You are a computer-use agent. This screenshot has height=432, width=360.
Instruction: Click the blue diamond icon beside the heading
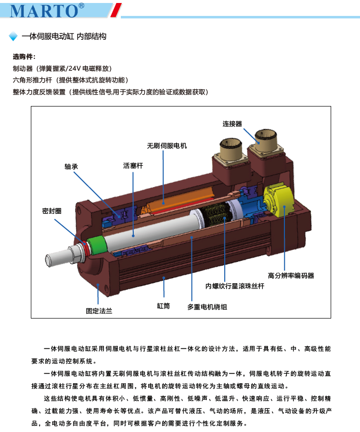[x=13, y=37]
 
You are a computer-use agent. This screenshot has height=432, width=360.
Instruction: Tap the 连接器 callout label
[x=232, y=123]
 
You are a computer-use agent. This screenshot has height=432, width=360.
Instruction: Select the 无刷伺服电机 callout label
[x=167, y=146]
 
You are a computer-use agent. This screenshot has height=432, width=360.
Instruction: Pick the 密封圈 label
[x=52, y=211]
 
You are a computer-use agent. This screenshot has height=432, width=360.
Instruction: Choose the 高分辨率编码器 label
[x=291, y=275]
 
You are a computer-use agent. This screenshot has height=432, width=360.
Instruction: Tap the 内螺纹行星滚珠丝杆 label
[x=235, y=286]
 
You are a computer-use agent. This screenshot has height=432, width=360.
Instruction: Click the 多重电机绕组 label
[x=207, y=307]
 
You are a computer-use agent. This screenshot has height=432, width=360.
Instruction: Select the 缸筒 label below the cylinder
[x=163, y=306]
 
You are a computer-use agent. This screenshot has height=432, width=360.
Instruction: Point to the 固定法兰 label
[x=99, y=311]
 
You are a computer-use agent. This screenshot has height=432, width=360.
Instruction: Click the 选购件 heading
[x=24, y=57]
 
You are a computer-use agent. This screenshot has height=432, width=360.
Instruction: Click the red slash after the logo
[x=116, y=10]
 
